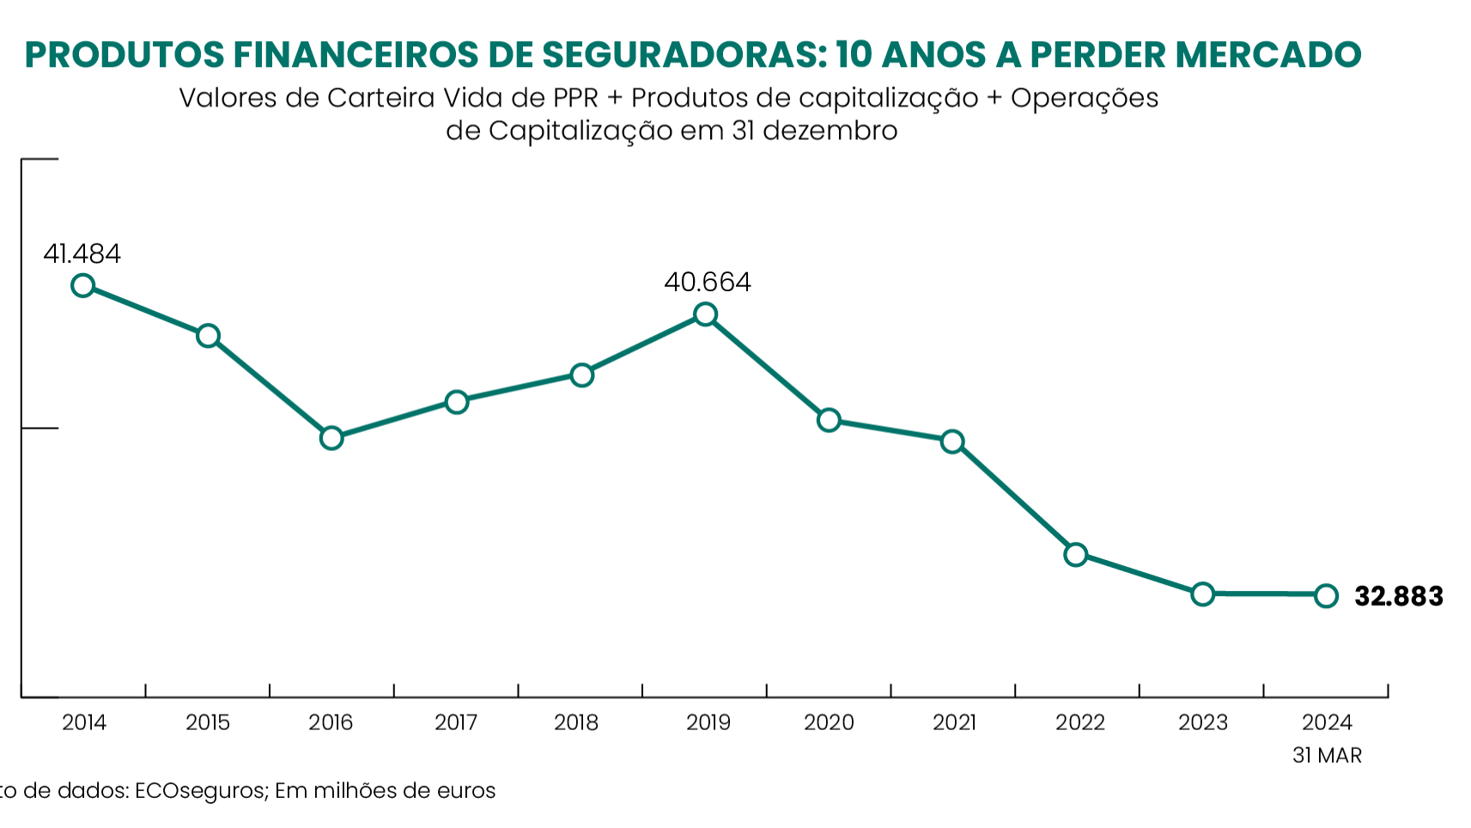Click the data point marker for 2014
pyautogui.click(x=82, y=285)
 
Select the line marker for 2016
pyautogui.click(x=331, y=438)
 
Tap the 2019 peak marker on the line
pyautogui.click(x=705, y=314)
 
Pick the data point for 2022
pyautogui.click(x=1075, y=554)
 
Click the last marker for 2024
pyautogui.click(x=1326, y=595)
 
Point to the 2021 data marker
pyautogui.click(x=951, y=441)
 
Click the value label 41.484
pyautogui.click(x=82, y=254)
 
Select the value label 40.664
pyautogui.click(x=707, y=283)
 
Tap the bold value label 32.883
pyautogui.click(x=1398, y=596)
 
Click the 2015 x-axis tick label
pyautogui.click(x=208, y=723)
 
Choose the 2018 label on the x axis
pyautogui.click(x=576, y=723)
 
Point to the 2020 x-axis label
pyautogui.click(x=829, y=723)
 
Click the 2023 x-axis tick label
pyautogui.click(x=1202, y=723)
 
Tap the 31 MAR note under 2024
pyautogui.click(x=1327, y=756)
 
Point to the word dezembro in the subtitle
pyautogui.click(x=830, y=131)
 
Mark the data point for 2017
pyautogui.click(x=457, y=402)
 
